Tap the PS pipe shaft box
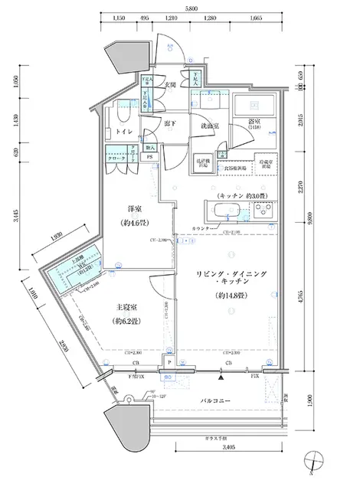click(x=150, y=158)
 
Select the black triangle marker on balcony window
click(x=221, y=377)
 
